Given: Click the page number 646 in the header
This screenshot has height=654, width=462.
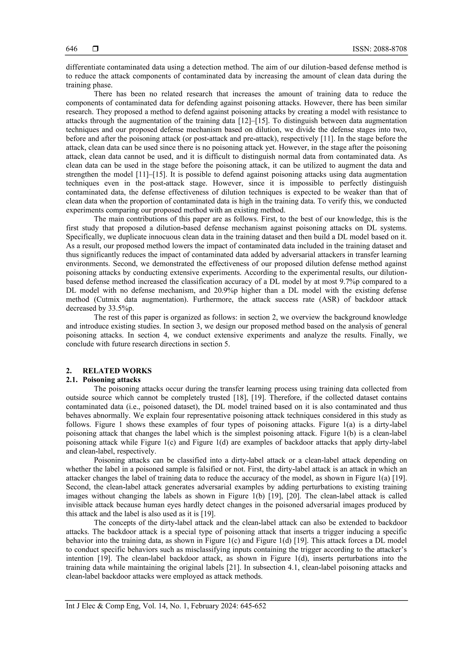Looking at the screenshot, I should [x=72, y=49].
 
